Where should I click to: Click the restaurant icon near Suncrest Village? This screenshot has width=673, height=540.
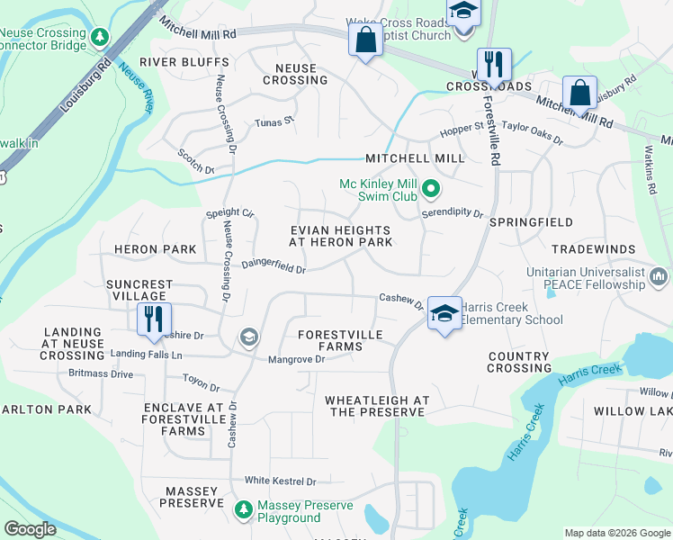tap(151, 318)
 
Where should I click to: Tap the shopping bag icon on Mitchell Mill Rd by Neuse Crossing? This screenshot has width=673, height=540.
tap(364, 40)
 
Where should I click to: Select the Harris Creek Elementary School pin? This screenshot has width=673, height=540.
tap(443, 313)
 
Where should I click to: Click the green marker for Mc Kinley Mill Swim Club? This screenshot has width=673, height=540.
tap(431, 189)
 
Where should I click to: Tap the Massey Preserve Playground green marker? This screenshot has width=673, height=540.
tap(243, 510)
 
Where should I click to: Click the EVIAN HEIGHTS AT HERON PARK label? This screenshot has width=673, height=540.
tap(341, 236)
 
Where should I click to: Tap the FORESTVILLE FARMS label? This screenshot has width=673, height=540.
tap(340, 341)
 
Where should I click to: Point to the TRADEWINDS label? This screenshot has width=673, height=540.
tap(593, 248)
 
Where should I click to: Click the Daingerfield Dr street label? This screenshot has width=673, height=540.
tap(274, 266)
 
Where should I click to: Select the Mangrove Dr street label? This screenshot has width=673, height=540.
tap(296, 360)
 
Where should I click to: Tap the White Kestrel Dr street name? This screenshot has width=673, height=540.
tap(281, 481)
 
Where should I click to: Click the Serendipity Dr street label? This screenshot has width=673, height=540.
tap(453, 215)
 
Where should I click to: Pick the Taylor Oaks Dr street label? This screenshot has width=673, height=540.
tap(532, 133)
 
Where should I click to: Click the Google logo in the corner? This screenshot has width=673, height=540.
tap(31, 529)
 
